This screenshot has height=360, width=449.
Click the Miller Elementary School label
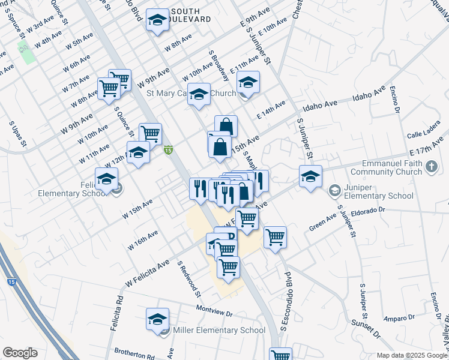pyautogui.click(x=218, y=330)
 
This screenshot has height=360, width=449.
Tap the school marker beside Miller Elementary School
pyautogui.click(x=157, y=319)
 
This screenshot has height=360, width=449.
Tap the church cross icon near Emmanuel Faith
pyautogui.click(x=432, y=166)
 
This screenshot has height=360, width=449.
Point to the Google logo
pyautogui.click(x=20, y=353)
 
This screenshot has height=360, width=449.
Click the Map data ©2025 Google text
pyautogui.click(x=411, y=355)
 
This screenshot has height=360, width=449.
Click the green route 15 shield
pyautogui.click(x=169, y=149)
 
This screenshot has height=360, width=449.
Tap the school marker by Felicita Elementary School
pyautogui.click(x=107, y=179)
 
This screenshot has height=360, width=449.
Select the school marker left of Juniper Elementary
pyautogui.click(x=310, y=176)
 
